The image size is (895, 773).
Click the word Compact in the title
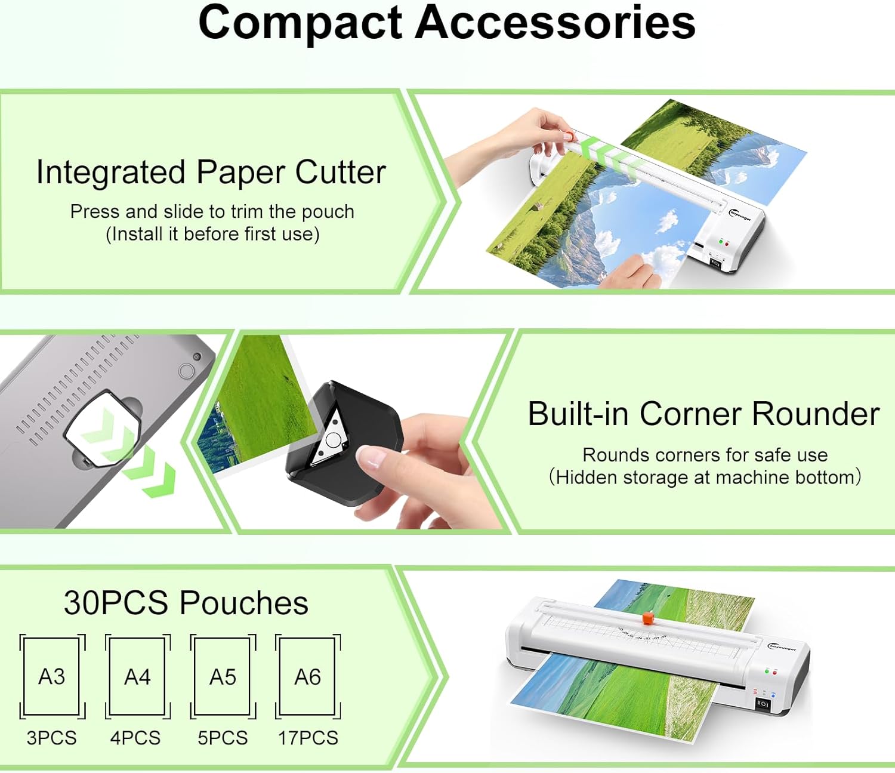point(301,23)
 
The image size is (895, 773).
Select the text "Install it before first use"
point(212,234)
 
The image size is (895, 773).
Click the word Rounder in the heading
point(816,414)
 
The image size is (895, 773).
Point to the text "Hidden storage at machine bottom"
point(705,478)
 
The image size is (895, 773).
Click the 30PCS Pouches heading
point(186,603)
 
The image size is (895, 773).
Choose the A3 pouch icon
point(52,676)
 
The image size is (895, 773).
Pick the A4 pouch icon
point(137,676)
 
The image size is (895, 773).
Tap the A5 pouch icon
point(223,676)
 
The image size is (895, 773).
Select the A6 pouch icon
point(308,676)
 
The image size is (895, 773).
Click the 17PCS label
point(308,738)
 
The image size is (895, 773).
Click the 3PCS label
point(52,738)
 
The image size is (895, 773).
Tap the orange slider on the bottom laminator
point(648,618)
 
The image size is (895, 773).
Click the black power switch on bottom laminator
point(763,704)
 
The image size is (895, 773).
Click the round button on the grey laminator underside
point(187,371)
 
